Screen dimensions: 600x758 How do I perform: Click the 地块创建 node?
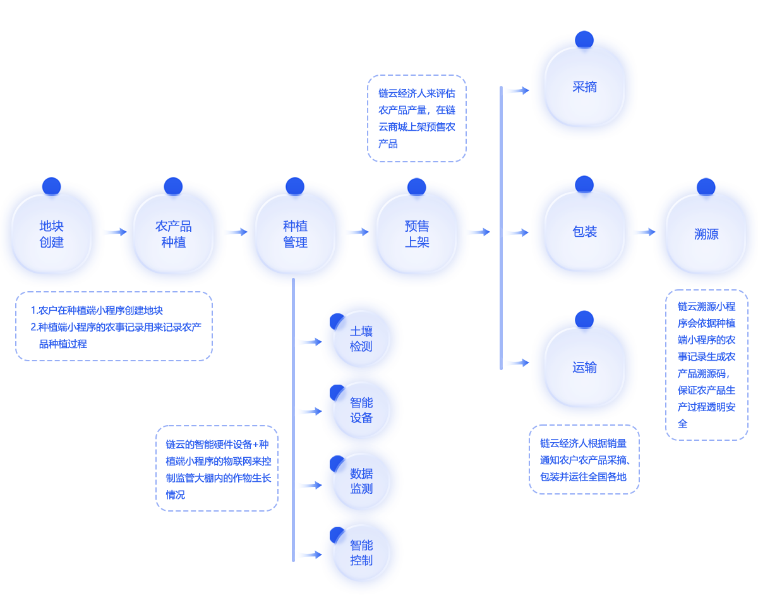click(x=51, y=234)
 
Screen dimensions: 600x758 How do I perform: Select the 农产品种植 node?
click(x=173, y=234)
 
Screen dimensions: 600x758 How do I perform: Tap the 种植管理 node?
click(x=295, y=234)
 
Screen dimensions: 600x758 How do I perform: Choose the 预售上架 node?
click(x=416, y=234)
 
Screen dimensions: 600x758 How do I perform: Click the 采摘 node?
click(x=584, y=87)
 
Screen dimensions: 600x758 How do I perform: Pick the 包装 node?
click(x=584, y=232)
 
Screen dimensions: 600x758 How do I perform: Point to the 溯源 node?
click(x=706, y=234)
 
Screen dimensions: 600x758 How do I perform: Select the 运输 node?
click(x=584, y=368)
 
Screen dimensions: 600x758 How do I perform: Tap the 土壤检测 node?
click(x=361, y=339)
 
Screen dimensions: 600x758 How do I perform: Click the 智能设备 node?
click(x=361, y=411)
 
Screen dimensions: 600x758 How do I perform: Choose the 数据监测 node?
click(x=361, y=481)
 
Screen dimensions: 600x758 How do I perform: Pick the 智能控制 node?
click(x=361, y=553)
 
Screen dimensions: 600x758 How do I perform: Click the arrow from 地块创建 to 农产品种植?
click(x=112, y=232)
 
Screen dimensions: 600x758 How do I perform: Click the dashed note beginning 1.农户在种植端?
click(x=114, y=326)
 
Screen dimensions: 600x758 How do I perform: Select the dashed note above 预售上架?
click(x=417, y=118)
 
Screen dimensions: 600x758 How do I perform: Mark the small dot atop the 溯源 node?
click(x=706, y=187)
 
